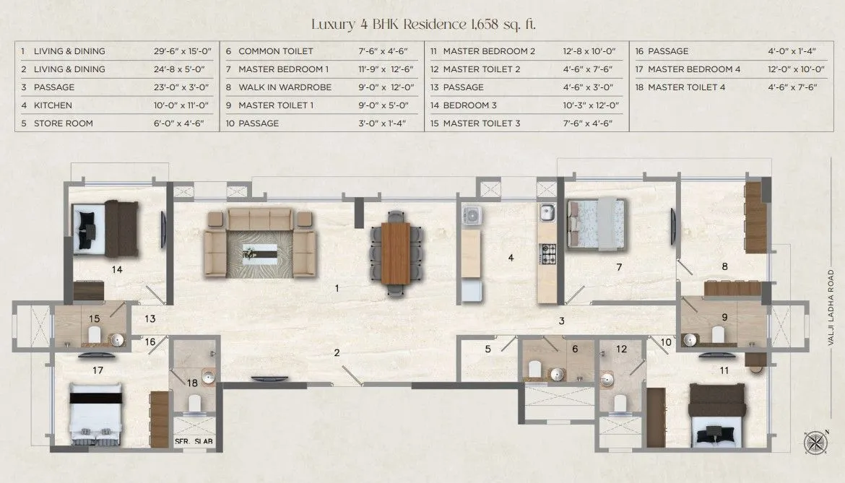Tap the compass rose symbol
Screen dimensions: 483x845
pos(814,442)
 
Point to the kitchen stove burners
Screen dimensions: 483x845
pos(546,253)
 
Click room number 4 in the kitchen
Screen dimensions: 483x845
pos(511,257)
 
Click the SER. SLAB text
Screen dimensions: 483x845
pos(194,440)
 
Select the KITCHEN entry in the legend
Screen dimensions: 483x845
pos(53,105)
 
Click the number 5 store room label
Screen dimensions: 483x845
pos(487,349)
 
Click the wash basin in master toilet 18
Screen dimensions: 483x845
pos(207,377)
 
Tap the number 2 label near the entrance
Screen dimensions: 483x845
pos(337,352)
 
